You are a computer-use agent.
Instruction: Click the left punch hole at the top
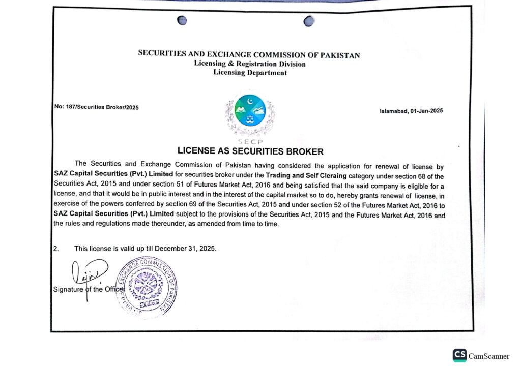pyautogui.click(x=182, y=20)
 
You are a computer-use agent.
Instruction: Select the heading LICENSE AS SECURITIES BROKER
pyautogui.click(x=250, y=151)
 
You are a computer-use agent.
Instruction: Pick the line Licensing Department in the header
pyautogui.click(x=250, y=73)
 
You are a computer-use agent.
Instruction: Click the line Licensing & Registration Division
pyautogui.click(x=250, y=64)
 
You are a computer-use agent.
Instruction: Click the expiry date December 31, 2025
pyautogui.click(x=186, y=249)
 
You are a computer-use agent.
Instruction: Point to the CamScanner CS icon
pyautogui.click(x=459, y=355)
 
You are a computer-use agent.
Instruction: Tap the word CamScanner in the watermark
pyautogui.click(x=490, y=355)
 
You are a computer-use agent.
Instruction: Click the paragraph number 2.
pyautogui.click(x=56, y=249)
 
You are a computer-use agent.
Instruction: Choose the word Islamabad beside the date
pyautogui.click(x=394, y=111)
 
